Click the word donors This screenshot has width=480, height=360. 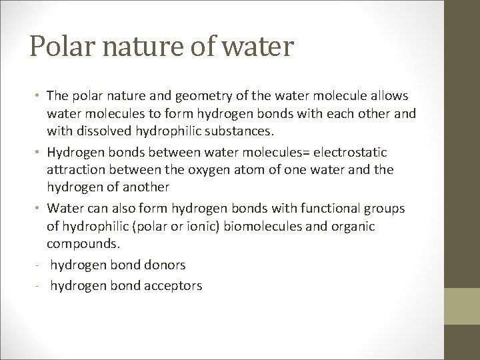pos(163,265)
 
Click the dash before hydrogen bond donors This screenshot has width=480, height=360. pos(41,265)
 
